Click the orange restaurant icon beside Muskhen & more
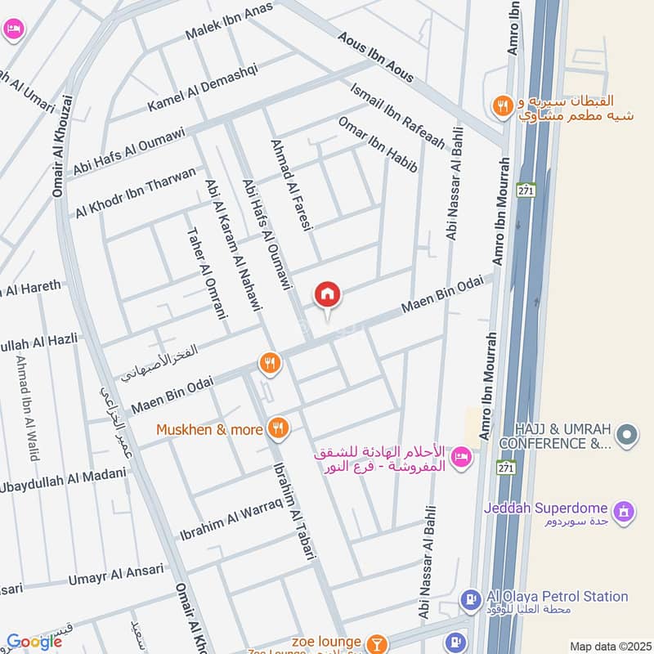(x=279, y=427)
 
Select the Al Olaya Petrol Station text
(x=555, y=597)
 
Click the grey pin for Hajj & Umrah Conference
(x=627, y=434)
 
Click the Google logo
(x=34, y=642)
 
